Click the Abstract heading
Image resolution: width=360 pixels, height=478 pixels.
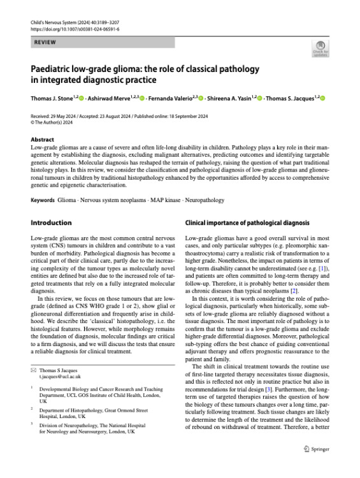[42, 140]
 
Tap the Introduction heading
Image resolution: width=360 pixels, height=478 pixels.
[52, 223]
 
